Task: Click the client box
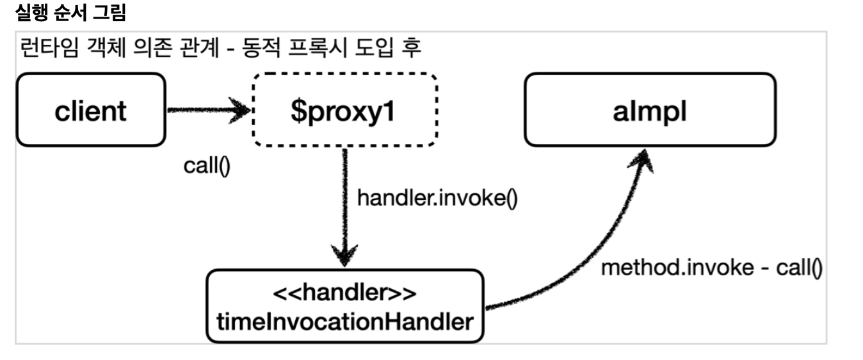(90, 110)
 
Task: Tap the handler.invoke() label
(437, 198)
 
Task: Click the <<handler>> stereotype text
(345, 295)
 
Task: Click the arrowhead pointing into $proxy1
(240, 111)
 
